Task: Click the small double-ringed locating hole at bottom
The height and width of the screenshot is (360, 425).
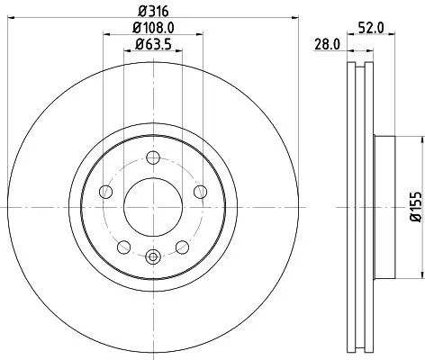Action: tap(151, 256)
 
